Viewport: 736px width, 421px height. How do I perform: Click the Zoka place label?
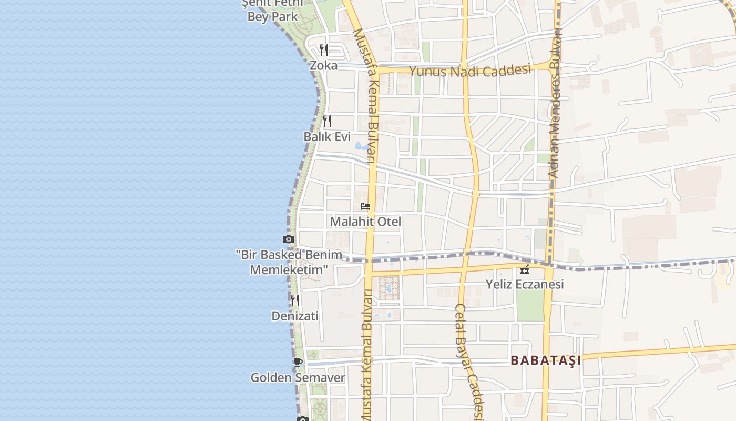[323, 66]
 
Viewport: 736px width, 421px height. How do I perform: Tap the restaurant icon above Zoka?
[324, 50]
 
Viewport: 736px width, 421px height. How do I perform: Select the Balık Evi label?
[327, 137]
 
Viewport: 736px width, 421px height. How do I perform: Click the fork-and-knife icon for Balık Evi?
[327, 121]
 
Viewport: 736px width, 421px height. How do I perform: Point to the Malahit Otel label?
[365, 222]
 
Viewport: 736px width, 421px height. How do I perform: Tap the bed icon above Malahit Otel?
[365, 206]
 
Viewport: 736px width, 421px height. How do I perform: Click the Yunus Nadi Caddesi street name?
[469, 71]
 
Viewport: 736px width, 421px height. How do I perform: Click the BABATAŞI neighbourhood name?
[546, 360]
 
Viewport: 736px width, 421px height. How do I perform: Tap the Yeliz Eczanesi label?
[524, 284]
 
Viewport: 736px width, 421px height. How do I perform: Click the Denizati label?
[295, 316]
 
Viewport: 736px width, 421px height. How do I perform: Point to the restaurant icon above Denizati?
[295, 300]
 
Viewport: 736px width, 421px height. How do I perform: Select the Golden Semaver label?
[298, 377]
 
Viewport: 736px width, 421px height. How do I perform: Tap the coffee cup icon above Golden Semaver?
[298, 362]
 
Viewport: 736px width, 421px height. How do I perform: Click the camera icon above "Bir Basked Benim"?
[288, 239]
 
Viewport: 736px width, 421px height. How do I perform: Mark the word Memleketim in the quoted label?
[289, 270]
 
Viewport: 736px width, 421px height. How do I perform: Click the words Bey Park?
[273, 16]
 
